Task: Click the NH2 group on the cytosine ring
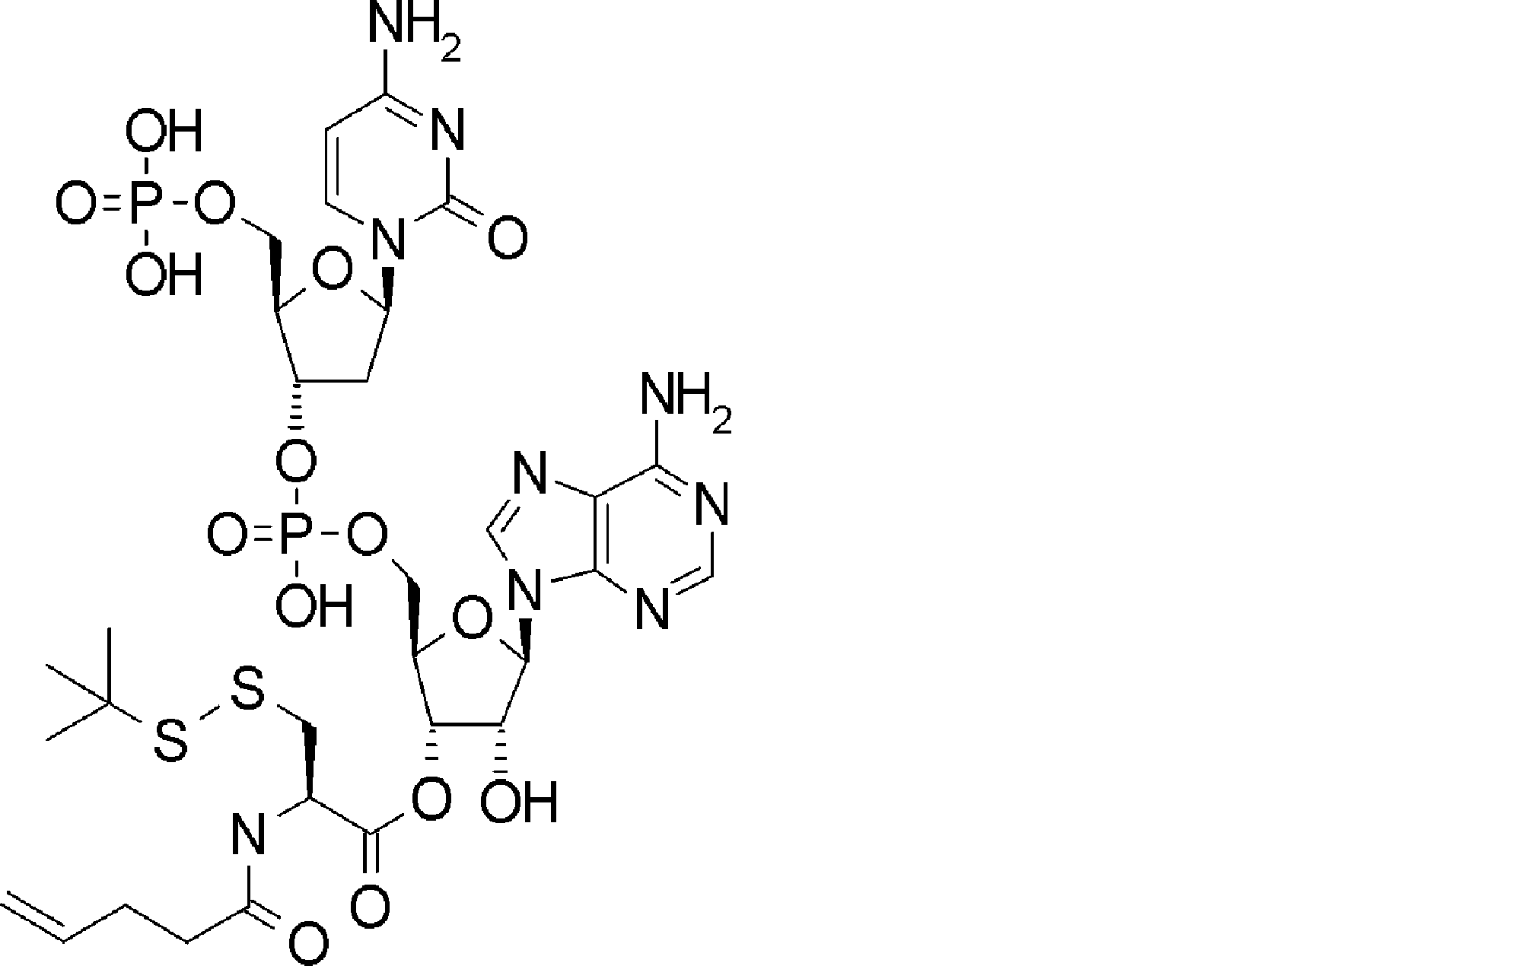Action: click(411, 30)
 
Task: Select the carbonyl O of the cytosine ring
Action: click(507, 238)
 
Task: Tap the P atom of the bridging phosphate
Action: click(298, 536)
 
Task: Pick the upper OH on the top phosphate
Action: click(163, 133)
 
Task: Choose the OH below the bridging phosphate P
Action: click(314, 607)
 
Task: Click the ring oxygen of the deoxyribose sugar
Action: click(333, 272)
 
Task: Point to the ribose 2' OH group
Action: click(520, 802)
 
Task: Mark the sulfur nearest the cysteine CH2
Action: click(248, 688)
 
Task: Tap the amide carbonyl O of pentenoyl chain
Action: click(308, 943)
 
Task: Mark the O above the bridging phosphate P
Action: click(298, 461)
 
